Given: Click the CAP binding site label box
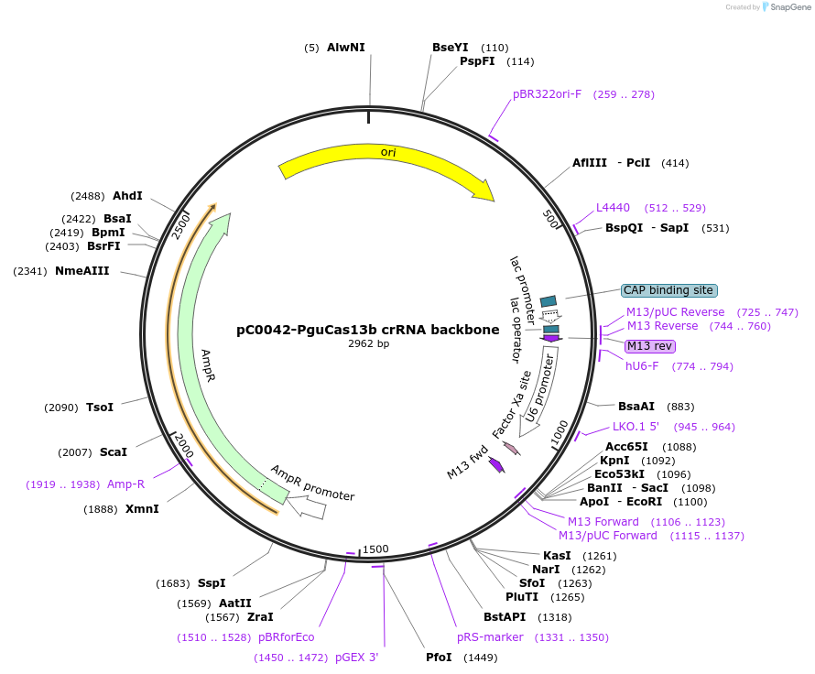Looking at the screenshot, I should [x=668, y=290].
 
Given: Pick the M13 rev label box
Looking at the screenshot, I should [x=650, y=346].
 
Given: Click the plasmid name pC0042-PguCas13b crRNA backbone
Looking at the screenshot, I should [x=368, y=330].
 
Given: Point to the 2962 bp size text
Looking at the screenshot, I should [x=368, y=344].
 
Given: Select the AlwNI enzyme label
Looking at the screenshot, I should [x=345, y=48].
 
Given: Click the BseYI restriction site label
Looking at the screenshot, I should [x=450, y=48].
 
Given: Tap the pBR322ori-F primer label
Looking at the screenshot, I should [x=547, y=94].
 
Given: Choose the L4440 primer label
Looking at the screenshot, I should [x=613, y=208].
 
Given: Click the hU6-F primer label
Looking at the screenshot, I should [x=641, y=366].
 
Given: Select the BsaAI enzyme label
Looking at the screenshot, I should [x=636, y=407].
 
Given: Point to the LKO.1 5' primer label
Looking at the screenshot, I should [x=636, y=427].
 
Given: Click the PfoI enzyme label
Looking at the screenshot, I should [x=439, y=658].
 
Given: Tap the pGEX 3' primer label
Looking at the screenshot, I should [x=356, y=658].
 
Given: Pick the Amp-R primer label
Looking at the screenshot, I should [x=125, y=484].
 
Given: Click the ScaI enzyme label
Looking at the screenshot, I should [x=113, y=452].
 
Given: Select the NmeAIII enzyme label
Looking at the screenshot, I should [x=81, y=271].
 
